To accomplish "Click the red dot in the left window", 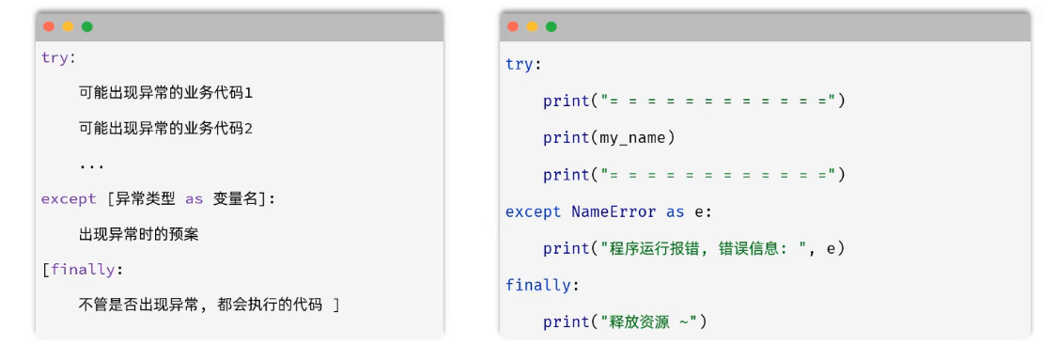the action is pos(49,27).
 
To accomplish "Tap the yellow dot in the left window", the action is pos(68,27).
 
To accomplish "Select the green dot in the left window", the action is pos(87,27).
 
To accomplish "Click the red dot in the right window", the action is pos(513,26).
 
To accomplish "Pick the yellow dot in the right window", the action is pos(533,26).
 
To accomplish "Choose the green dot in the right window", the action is pos(552,26).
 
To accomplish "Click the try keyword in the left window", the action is pos(54,58).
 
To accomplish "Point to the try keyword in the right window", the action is pos(519,65).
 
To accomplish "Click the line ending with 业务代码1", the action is pos(165,93).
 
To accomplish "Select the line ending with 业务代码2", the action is pos(165,128).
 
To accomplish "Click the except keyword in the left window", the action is pos(69,199).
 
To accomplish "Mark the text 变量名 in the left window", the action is pos(235,199).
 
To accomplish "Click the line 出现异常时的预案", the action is pos(139,235).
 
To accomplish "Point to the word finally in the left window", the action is pos(83,270).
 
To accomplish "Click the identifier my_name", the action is pos(632,138).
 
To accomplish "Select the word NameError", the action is pos(614,211).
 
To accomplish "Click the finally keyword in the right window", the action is pos(538,285).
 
